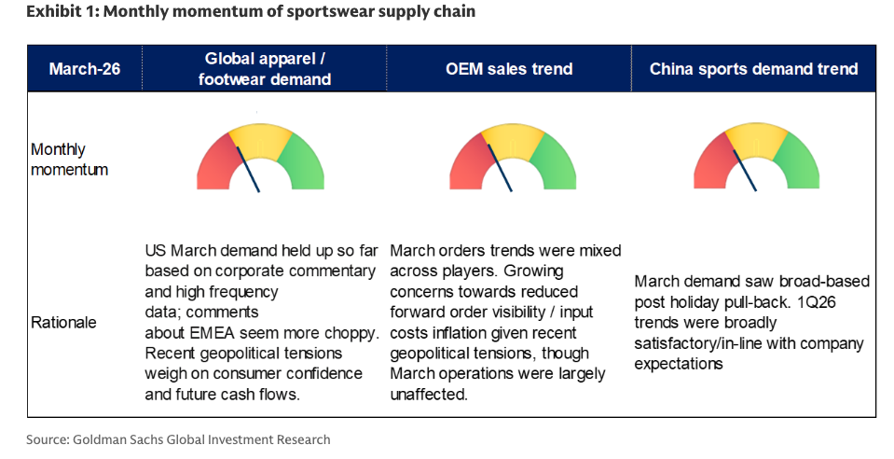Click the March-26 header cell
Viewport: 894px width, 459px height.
pyautogui.click(x=84, y=69)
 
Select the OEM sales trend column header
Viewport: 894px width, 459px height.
pyautogui.click(x=508, y=69)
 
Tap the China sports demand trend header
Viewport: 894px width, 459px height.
pyautogui.click(x=753, y=69)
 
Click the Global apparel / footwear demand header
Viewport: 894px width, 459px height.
pyautogui.click(x=265, y=69)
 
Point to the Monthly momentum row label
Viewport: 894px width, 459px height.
pyautogui.click(x=57, y=160)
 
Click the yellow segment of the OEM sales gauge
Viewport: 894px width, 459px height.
pyautogui.click(x=512, y=136)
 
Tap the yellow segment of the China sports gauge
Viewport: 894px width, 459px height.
pyautogui.click(x=756, y=136)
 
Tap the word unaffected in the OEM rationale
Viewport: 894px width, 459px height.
pyautogui.click(x=430, y=395)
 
